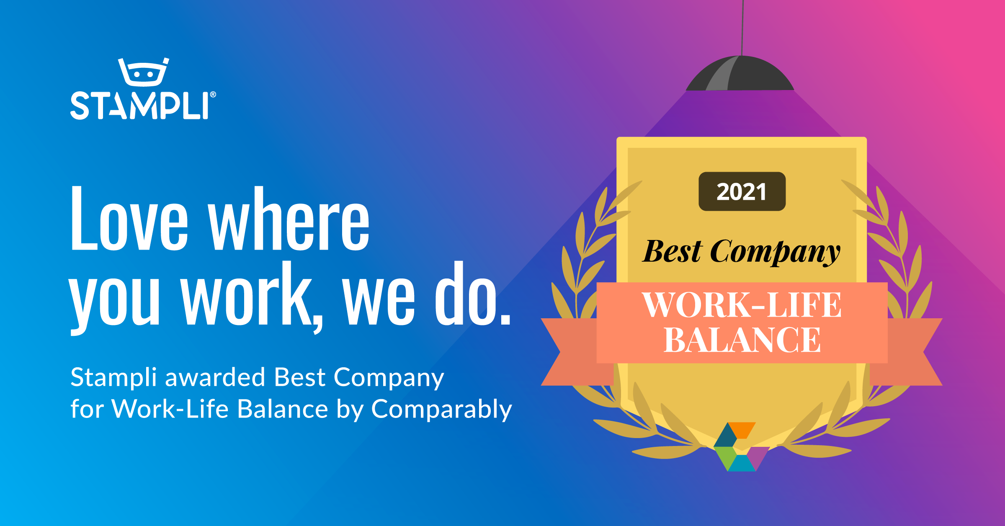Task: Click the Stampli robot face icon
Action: tap(143, 72)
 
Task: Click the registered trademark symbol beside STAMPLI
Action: tap(213, 95)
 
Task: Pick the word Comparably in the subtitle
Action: tap(441, 410)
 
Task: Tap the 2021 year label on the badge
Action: tap(742, 192)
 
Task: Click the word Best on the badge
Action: tap(672, 252)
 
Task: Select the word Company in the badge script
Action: tap(775, 253)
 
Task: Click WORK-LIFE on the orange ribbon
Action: tap(742, 305)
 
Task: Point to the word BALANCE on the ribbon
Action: tap(742, 340)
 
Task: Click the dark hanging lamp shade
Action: tap(740, 75)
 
